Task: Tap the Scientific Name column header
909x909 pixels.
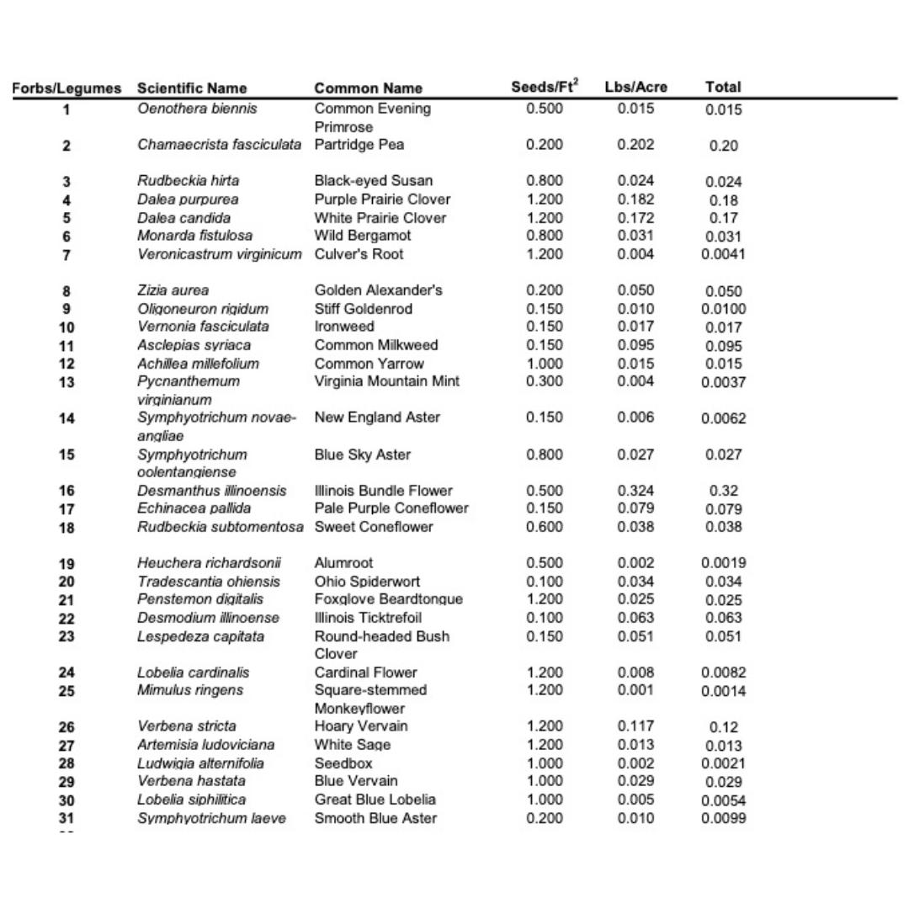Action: [x=192, y=88]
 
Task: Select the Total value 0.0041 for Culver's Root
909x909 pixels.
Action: [x=723, y=255]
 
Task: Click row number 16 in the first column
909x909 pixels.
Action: [x=66, y=492]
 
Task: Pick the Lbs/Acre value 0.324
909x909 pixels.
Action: [x=635, y=491]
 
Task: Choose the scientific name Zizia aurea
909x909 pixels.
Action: [x=173, y=291]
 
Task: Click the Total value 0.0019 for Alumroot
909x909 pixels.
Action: [x=723, y=564]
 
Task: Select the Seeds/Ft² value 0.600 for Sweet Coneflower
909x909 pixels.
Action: [x=545, y=527]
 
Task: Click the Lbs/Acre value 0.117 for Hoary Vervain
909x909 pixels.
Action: [x=635, y=726]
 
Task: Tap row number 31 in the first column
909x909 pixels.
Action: [x=66, y=819]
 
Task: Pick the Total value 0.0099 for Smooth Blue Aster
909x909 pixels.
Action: [x=723, y=819]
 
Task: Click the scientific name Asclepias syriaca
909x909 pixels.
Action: [x=194, y=345]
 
